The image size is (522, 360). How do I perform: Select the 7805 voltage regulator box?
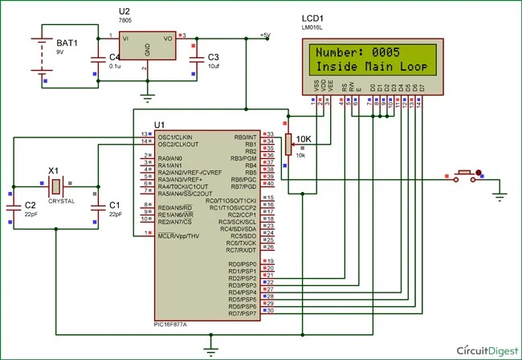(x=146, y=47)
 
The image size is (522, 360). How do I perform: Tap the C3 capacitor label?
(x=213, y=58)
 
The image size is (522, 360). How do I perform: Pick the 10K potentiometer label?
(x=304, y=138)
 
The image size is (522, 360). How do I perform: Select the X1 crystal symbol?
(x=55, y=187)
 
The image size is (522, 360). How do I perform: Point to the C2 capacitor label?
(x=30, y=206)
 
